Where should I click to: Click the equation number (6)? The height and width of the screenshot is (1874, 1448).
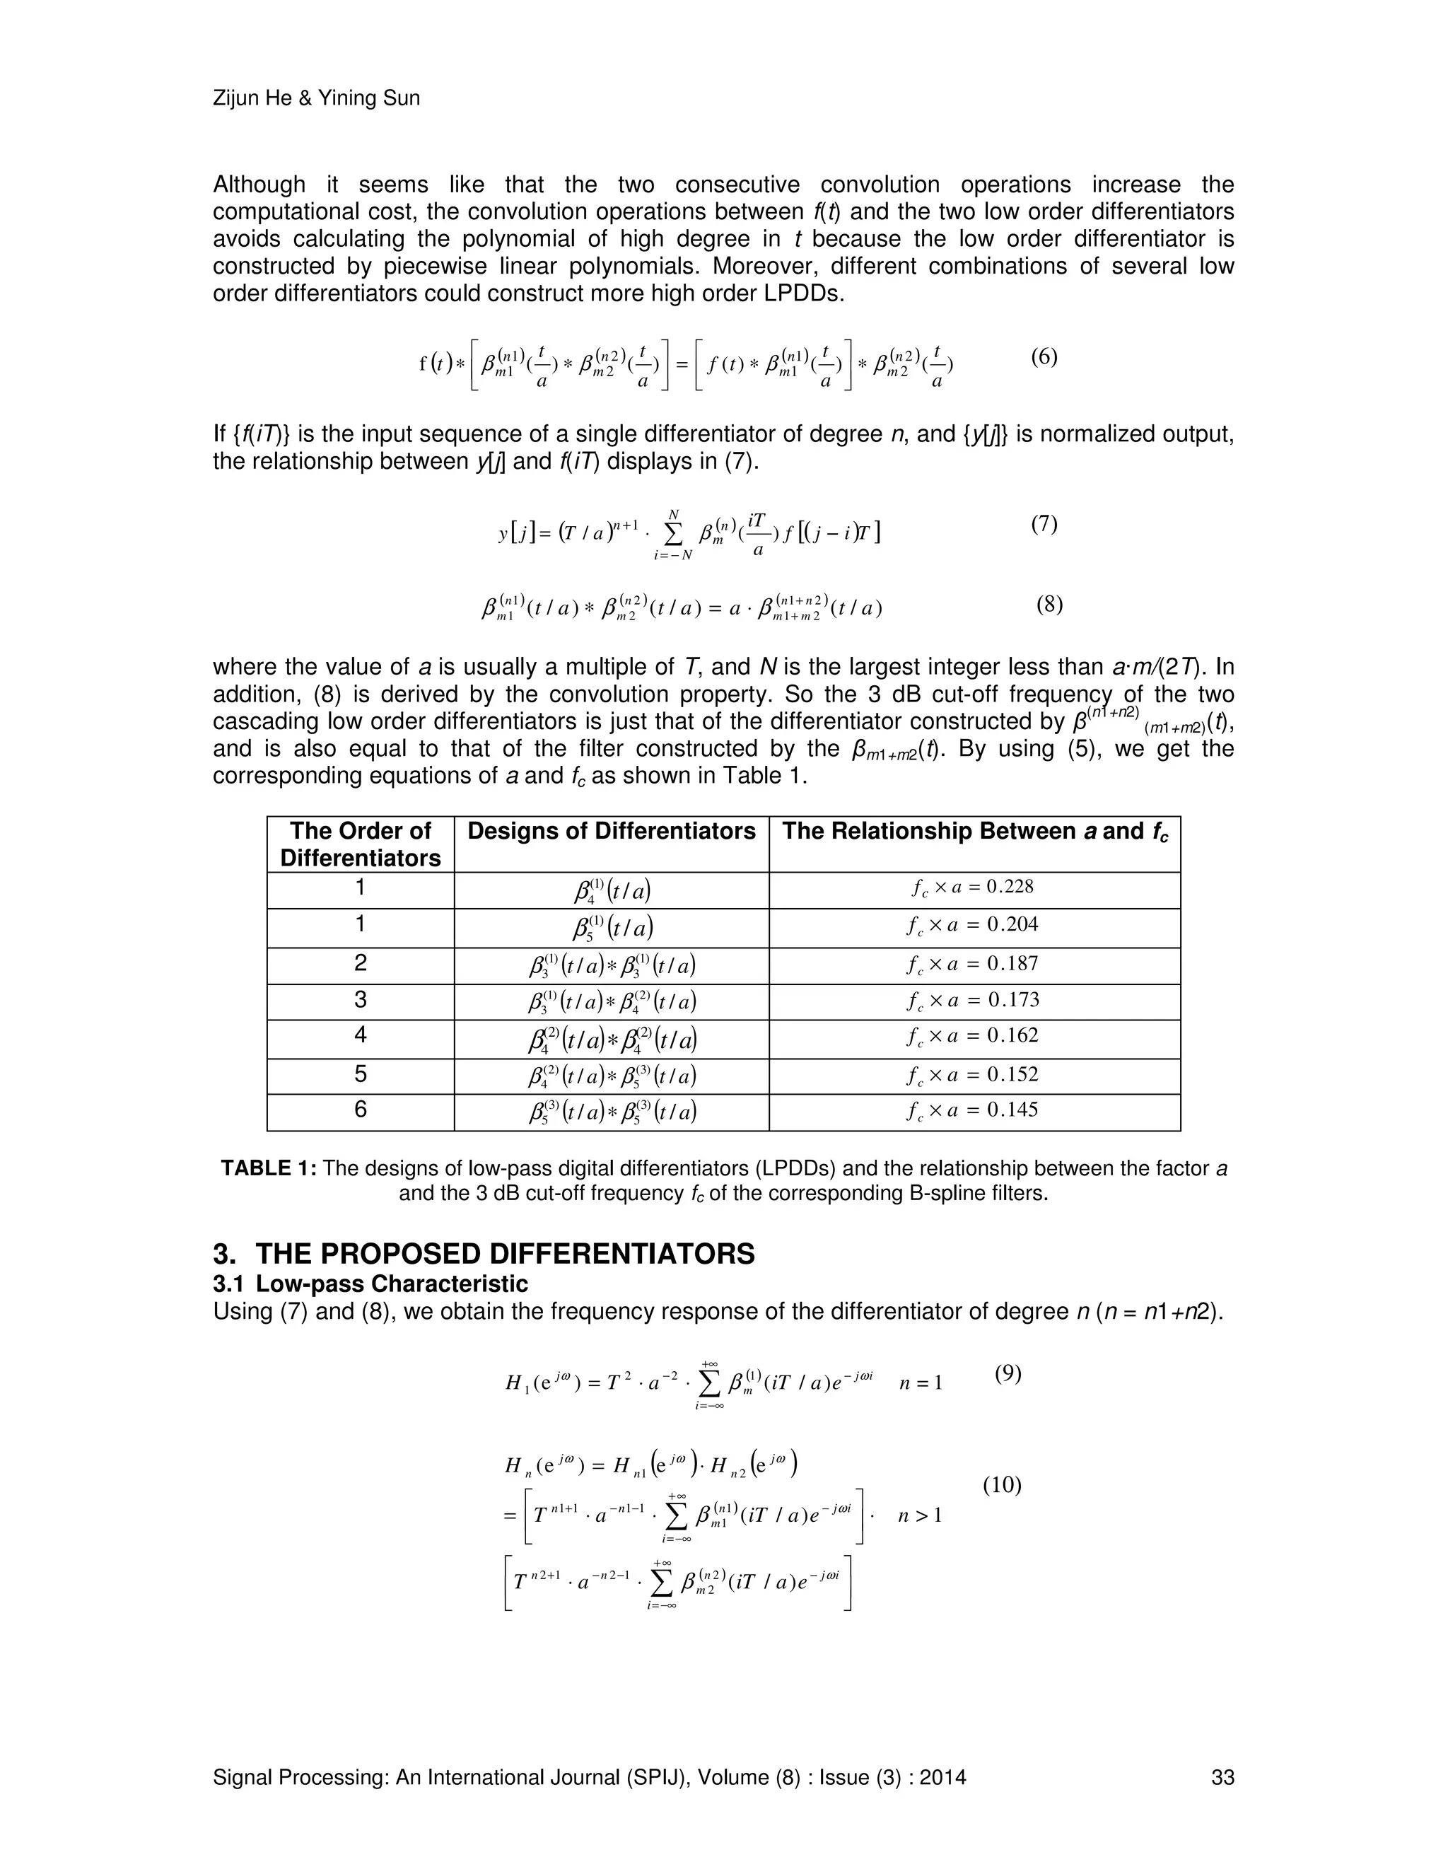pos(1043,357)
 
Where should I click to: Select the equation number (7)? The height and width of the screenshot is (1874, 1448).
pos(1043,523)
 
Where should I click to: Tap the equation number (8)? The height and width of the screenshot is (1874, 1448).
pos(1049,605)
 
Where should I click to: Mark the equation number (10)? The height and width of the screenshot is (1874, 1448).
pos(1001,1484)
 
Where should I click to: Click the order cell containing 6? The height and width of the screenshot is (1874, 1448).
pos(361,1110)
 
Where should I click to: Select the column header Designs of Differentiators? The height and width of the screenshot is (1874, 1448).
pos(611,831)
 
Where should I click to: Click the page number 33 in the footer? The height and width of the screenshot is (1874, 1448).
pos(1222,1777)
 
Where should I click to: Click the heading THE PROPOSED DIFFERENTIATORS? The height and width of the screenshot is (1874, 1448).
pos(504,1254)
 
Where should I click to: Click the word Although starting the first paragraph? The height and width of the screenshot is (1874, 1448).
pos(258,185)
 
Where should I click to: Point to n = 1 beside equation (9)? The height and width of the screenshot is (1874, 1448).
pos(921,1383)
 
